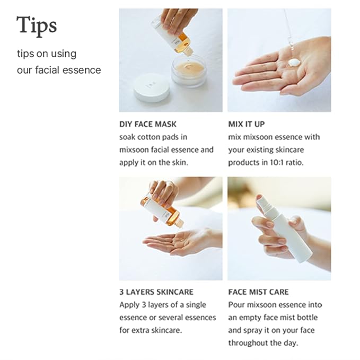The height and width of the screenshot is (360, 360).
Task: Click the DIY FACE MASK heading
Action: [x=147, y=125]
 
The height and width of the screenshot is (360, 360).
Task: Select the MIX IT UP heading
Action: [x=247, y=125]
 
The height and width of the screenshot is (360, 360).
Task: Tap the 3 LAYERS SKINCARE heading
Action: [x=156, y=292]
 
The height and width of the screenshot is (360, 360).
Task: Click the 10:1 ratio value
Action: [x=286, y=162]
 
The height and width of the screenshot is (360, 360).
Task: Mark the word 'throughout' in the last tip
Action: [x=248, y=343]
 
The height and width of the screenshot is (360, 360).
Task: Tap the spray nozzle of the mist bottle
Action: [x=263, y=200]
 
